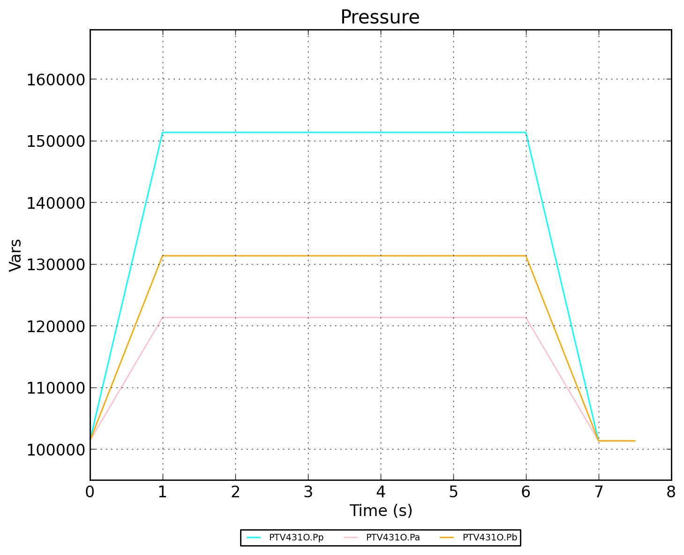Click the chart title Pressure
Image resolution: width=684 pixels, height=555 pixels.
click(380, 17)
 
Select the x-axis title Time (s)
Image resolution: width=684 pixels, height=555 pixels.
click(381, 510)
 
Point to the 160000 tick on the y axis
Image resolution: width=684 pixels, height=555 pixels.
click(55, 79)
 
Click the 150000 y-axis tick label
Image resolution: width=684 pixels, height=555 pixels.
click(55, 141)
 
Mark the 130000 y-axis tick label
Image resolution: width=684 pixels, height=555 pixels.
click(55, 265)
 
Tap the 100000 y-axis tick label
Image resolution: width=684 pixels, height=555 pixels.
click(55, 449)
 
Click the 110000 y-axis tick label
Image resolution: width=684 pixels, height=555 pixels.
click(55, 388)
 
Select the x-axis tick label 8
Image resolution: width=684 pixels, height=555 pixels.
click(671, 492)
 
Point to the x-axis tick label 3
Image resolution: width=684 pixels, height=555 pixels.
click(308, 492)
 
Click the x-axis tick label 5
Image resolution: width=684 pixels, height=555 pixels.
click(453, 492)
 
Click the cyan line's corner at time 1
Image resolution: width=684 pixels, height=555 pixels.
click(163, 132)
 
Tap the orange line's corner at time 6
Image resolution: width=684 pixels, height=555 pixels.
click(526, 256)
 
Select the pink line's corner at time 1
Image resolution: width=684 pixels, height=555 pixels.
click(163, 318)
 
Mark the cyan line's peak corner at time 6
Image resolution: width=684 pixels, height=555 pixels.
click(526, 132)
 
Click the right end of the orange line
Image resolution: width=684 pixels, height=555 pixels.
click(635, 441)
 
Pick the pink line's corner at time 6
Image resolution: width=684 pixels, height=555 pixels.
click(526, 318)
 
